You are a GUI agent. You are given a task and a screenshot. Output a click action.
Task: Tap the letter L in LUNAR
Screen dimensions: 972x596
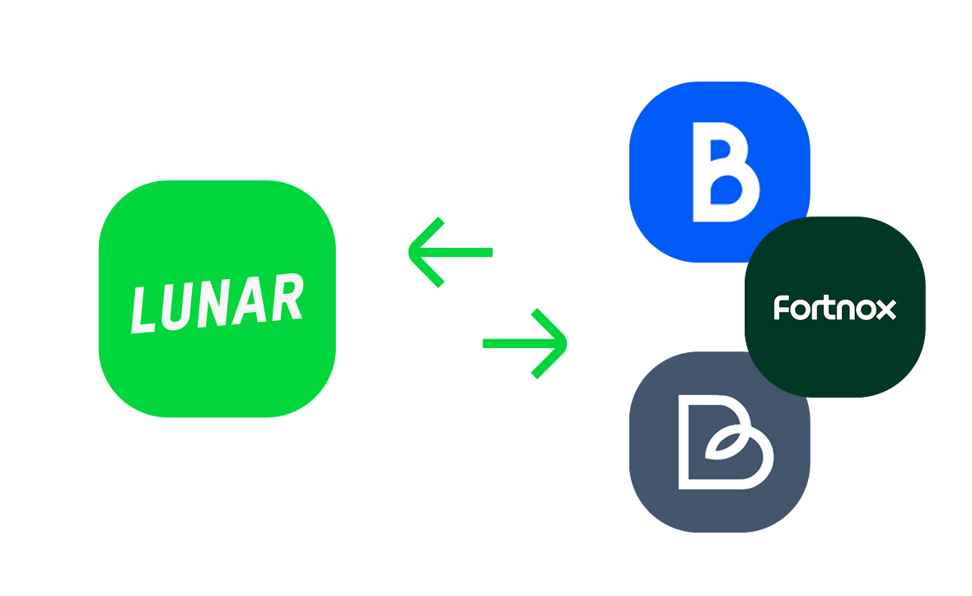pyautogui.click(x=146, y=309)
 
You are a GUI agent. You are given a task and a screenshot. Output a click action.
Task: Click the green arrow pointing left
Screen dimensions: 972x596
pyautogui.click(x=450, y=252)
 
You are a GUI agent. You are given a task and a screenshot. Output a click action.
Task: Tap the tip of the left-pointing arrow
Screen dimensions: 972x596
pyautogui.click(x=412, y=252)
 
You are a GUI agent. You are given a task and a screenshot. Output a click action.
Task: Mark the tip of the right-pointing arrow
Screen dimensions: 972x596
pyautogui.click(x=565, y=342)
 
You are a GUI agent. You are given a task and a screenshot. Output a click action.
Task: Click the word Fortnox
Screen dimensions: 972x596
pyautogui.click(x=834, y=307)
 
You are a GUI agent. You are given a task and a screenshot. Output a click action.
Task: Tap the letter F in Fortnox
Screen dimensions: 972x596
pyautogui.click(x=782, y=307)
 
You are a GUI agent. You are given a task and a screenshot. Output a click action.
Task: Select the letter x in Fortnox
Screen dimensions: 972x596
pyautogui.click(x=886, y=310)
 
